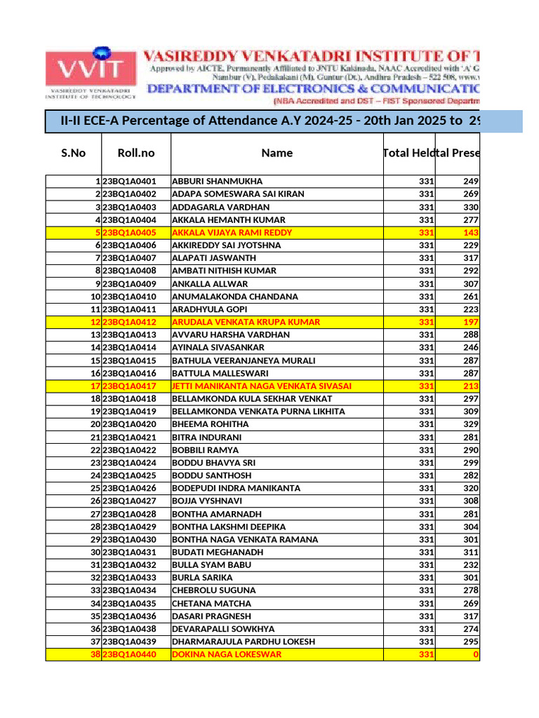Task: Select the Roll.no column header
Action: (136, 153)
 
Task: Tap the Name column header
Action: (277, 153)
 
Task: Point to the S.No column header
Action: (73, 153)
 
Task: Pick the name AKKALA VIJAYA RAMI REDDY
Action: (232, 233)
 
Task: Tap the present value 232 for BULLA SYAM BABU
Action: (470, 565)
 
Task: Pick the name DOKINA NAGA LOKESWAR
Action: (226, 655)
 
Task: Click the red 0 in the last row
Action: (476, 655)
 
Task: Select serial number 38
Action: (95, 655)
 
